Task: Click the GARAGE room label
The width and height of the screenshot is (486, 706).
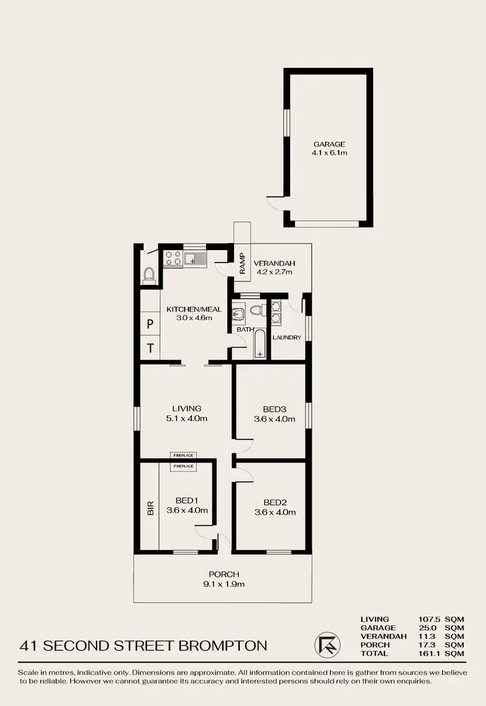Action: click(x=329, y=144)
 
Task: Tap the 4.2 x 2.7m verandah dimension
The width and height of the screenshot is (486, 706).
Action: click(x=274, y=272)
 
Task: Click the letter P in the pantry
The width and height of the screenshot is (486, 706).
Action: click(x=150, y=324)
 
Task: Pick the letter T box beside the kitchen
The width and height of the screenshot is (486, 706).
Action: click(x=150, y=348)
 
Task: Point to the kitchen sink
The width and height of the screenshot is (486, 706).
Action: click(x=194, y=259)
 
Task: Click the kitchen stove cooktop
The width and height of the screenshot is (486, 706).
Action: click(x=172, y=258)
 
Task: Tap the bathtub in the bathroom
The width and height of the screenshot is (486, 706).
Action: click(x=259, y=344)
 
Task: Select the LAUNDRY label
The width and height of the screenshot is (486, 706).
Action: click(x=287, y=337)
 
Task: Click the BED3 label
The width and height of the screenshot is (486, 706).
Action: click(x=274, y=409)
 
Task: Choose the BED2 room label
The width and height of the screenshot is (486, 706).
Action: click(x=275, y=502)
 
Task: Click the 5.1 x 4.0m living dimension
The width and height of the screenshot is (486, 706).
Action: click(x=187, y=418)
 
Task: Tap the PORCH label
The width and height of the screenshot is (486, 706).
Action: click(x=224, y=574)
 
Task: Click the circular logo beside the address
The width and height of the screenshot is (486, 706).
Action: click(x=325, y=645)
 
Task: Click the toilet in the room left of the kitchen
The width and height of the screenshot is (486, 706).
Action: click(x=148, y=275)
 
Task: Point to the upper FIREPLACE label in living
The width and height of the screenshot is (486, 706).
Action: click(x=183, y=456)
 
